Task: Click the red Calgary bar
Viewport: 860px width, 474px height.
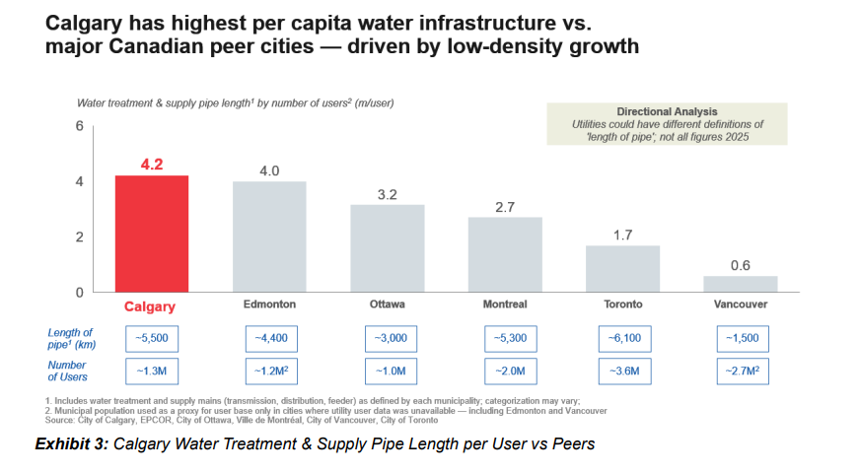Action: point(151,234)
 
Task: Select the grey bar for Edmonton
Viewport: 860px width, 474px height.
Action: point(269,237)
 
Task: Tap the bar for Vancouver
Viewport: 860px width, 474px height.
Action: point(740,284)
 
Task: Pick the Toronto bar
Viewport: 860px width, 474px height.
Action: point(622,268)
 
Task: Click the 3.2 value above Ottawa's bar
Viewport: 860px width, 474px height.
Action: point(387,194)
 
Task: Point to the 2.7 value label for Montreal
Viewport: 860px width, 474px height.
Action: point(504,207)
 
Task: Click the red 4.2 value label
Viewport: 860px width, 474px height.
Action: point(151,165)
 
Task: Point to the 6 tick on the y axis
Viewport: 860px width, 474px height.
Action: point(79,126)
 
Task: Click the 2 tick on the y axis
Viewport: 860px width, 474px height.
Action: point(79,237)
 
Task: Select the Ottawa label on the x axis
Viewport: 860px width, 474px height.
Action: point(387,305)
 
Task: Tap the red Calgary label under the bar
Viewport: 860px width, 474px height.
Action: point(151,305)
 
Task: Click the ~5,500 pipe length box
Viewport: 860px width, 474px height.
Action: point(151,339)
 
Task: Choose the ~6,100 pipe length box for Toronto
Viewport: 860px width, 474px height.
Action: point(622,339)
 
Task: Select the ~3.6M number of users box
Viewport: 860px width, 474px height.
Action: point(622,372)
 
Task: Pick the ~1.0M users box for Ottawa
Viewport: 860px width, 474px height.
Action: point(387,372)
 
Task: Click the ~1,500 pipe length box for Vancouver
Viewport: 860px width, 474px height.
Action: point(742,339)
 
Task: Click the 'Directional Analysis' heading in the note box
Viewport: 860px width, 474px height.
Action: point(667,111)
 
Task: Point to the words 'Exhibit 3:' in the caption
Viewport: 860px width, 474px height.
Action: point(71,444)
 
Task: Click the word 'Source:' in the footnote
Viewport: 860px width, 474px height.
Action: point(61,421)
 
